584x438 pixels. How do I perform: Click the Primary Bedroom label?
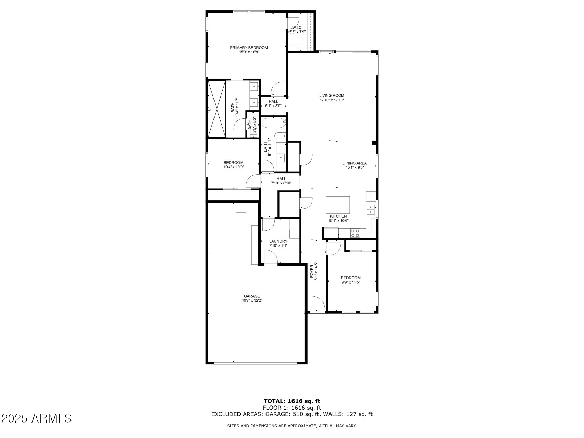click(x=249, y=48)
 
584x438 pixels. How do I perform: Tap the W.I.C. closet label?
click(x=297, y=28)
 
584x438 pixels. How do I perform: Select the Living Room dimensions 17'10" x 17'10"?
click(x=332, y=100)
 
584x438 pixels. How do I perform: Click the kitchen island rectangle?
click(x=338, y=205)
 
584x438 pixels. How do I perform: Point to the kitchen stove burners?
click(x=355, y=233)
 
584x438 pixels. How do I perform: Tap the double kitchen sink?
click(x=371, y=209)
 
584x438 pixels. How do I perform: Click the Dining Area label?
click(x=354, y=163)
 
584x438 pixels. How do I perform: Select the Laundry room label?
click(x=278, y=241)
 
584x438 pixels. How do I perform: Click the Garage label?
click(x=252, y=296)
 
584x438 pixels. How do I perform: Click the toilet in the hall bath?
click(x=280, y=136)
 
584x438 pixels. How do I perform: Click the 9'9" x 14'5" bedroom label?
click(x=351, y=278)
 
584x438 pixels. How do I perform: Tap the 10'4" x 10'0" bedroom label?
click(x=233, y=163)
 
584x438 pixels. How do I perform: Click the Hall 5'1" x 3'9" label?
click(x=273, y=102)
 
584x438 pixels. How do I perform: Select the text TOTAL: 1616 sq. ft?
click(x=292, y=401)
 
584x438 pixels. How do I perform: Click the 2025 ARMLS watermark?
click(x=36, y=418)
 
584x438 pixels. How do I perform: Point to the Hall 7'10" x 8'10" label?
click(x=281, y=179)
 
